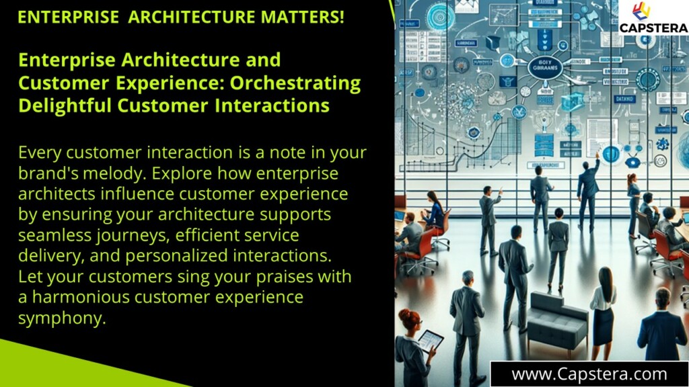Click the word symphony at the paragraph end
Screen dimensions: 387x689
tap(62, 318)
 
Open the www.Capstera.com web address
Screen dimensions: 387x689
tap(589, 374)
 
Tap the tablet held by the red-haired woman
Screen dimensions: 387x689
tap(429, 341)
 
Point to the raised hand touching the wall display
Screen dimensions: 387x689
tap(596, 155)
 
